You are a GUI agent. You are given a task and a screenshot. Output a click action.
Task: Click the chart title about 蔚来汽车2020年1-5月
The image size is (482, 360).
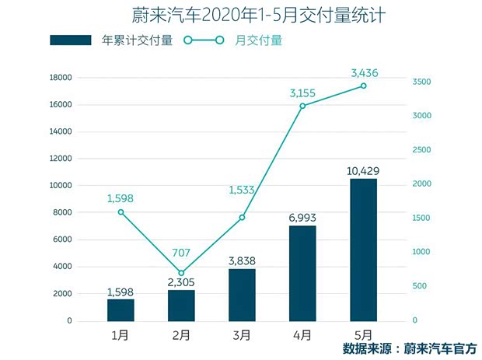240,16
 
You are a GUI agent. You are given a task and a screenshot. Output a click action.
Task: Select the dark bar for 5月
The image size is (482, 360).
363,249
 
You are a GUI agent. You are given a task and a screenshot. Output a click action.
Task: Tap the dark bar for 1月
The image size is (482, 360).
120,309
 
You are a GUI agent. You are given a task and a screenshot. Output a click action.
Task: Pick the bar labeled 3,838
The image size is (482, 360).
242,294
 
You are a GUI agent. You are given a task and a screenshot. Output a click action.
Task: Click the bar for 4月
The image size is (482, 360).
302,272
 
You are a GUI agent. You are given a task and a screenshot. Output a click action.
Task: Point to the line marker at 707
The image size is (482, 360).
181,273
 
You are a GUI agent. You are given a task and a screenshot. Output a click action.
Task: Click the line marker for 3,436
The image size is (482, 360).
363,86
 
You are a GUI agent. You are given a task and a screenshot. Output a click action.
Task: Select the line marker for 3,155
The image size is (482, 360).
302,106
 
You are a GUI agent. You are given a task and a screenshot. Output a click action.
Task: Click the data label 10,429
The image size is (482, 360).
363,170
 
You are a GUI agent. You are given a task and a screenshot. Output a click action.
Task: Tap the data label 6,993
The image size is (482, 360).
302,217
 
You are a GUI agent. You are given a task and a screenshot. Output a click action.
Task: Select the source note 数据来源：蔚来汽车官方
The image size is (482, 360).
408,348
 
